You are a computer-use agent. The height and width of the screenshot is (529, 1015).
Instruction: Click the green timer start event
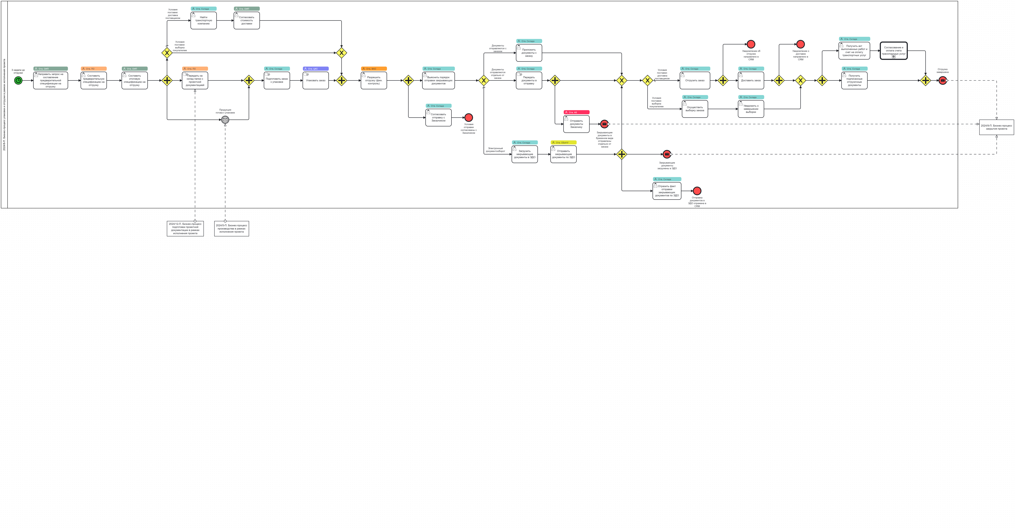tap(18, 81)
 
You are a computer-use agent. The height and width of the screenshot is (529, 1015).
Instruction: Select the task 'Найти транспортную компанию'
tap(203, 20)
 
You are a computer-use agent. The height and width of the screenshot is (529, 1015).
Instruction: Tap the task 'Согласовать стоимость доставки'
tap(247, 20)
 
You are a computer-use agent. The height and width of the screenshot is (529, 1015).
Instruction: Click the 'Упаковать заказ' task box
tap(316, 81)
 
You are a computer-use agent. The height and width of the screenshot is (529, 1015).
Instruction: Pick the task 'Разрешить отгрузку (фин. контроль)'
tap(373, 81)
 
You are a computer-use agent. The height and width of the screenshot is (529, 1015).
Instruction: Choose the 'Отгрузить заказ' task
tap(695, 81)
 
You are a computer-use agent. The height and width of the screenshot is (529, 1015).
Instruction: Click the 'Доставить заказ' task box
tap(751, 81)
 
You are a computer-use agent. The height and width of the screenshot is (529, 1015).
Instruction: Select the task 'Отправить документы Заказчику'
tap(576, 124)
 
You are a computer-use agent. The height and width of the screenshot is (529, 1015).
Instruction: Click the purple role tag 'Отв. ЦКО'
tap(316, 69)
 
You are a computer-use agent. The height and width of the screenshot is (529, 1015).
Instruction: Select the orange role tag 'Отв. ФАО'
tap(373, 69)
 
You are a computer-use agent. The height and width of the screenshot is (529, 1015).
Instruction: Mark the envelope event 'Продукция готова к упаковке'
tap(225, 119)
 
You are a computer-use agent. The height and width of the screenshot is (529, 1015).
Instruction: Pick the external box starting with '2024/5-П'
tap(231, 228)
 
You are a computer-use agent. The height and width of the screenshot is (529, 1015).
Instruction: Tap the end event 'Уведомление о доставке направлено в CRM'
tap(800, 44)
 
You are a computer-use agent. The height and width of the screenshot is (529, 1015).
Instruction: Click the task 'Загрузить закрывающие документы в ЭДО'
tap(524, 154)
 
